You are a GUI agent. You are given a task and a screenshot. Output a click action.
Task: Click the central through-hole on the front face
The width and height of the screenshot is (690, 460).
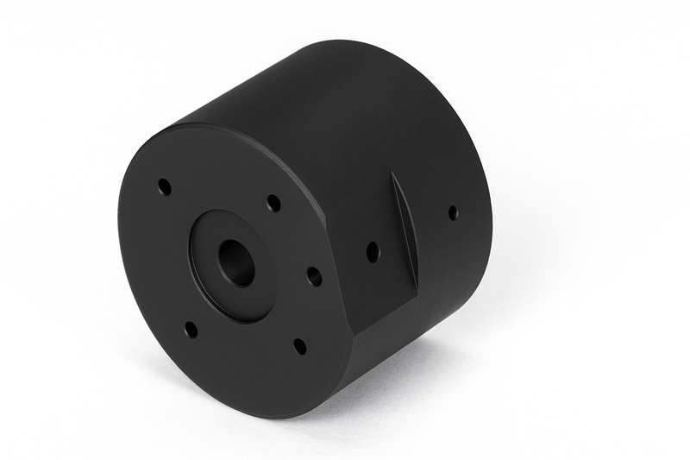(235, 263)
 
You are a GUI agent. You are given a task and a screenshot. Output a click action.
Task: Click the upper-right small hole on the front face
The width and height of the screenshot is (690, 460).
(273, 203)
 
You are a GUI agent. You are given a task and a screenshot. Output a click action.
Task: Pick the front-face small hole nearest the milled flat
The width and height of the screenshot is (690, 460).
(315, 277)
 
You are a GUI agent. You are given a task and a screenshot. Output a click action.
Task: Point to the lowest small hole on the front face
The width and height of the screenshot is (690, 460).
(299, 346)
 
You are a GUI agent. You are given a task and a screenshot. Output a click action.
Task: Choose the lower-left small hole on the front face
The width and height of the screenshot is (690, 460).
(191, 329)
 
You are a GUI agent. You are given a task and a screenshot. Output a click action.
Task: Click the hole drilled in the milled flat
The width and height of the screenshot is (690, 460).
(373, 252)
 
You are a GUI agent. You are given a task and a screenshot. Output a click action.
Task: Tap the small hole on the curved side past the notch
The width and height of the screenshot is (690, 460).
(453, 212)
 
